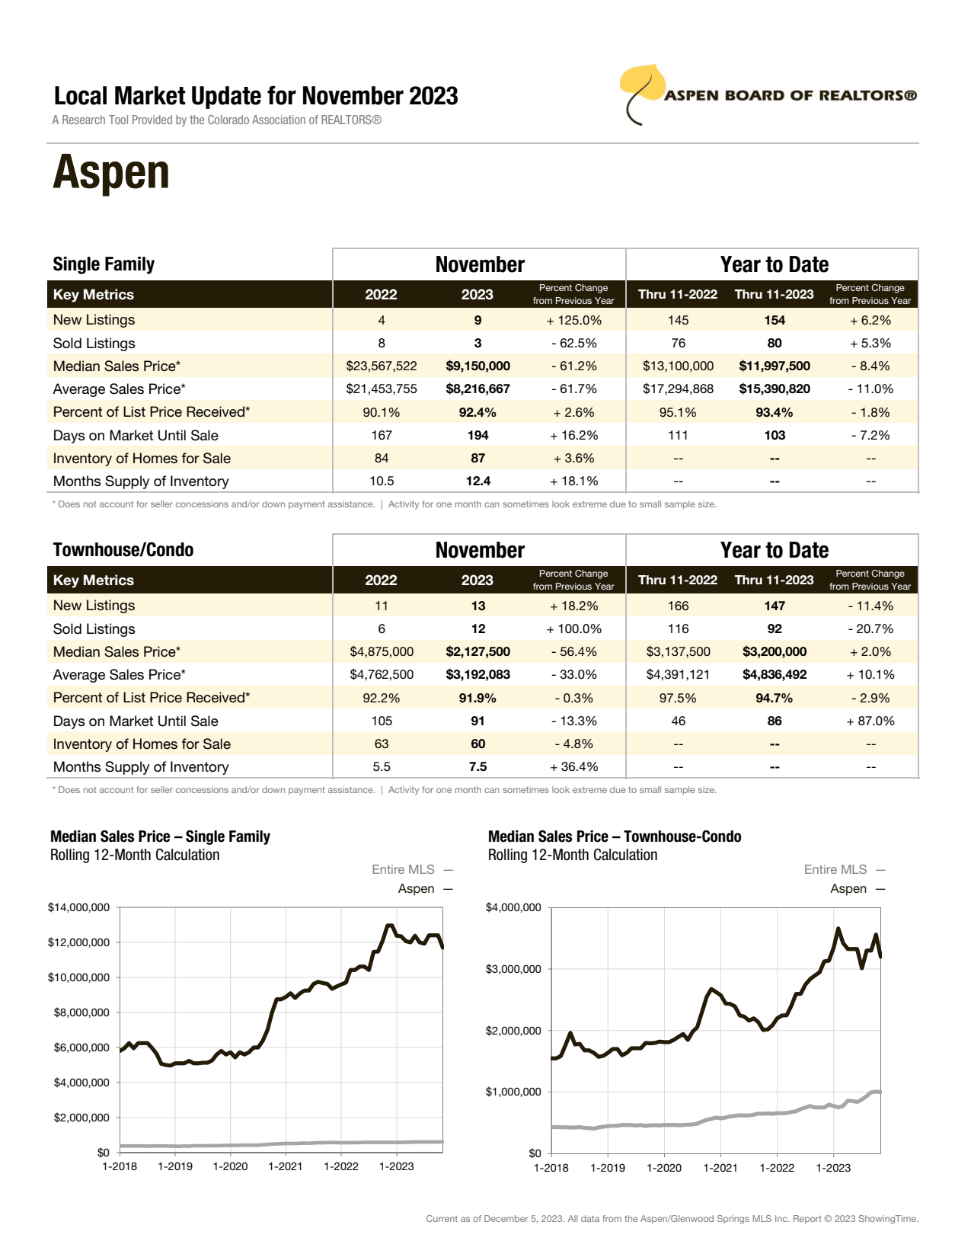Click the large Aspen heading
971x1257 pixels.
point(111,173)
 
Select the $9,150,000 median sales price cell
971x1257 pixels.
point(478,366)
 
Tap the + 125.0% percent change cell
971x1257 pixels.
point(573,321)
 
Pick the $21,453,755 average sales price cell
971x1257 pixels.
point(382,389)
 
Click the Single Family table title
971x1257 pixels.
point(104,264)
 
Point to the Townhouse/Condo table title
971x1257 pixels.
point(123,550)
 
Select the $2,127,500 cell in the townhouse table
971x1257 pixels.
point(478,652)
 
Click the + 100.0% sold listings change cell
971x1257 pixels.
point(573,629)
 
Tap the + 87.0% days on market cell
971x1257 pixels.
point(870,721)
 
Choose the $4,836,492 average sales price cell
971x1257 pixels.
point(775,675)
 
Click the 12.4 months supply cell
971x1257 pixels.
point(478,481)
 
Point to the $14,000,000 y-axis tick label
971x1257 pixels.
point(78,907)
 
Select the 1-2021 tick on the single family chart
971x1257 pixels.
point(286,1166)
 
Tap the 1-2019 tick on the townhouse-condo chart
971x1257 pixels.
point(608,1168)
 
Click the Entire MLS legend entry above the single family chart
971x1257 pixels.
point(404,870)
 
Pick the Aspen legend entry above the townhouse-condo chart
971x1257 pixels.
point(848,889)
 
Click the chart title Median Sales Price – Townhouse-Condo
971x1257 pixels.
point(615,836)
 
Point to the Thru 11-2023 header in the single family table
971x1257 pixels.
point(774,295)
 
